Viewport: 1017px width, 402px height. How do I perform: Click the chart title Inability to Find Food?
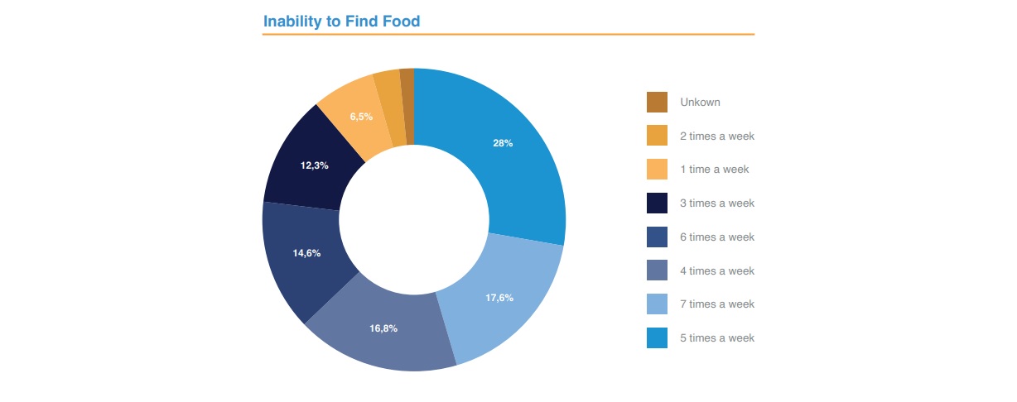pyautogui.click(x=341, y=22)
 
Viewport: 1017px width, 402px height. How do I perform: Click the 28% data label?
pyautogui.click(x=503, y=143)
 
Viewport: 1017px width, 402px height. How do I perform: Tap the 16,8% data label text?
pyautogui.click(x=383, y=328)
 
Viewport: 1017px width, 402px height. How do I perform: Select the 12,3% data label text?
pyautogui.click(x=314, y=165)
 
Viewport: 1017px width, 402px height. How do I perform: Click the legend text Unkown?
pyautogui.click(x=700, y=103)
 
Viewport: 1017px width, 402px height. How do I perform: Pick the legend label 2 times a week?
pyautogui.click(x=717, y=136)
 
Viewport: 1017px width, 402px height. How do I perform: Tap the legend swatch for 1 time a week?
pyautogui.click(x=657, y=170)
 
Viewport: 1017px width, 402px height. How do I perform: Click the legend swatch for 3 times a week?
pyautogui.click(x=657, y=203)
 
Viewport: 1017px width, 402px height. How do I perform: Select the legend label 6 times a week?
pyautogui.click(x=717, y=237)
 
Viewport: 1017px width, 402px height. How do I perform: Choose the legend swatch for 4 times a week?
pyautogui.click(x=657, y=270)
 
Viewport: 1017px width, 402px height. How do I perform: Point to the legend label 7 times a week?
pyautogui.click(x=717, y=304)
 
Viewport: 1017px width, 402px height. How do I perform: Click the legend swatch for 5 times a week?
pyautogui.click(x=657, y=338)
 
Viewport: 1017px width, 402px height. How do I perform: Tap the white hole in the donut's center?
pyautogui.click(x=413, y=219)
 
